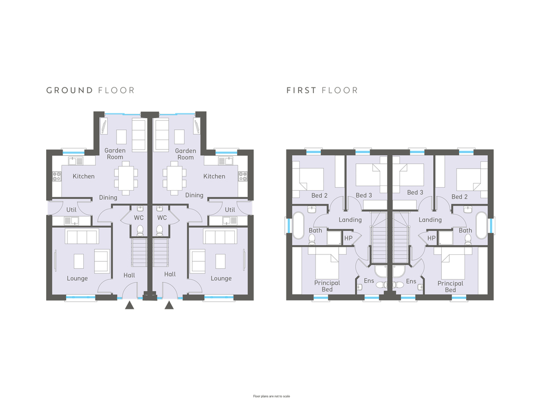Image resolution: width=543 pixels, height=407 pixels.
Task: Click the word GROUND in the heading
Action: coord(69,90)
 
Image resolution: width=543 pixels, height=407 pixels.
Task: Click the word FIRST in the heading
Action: coord(301,90)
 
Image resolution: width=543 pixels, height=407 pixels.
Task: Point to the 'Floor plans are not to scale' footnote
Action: coord(271,396)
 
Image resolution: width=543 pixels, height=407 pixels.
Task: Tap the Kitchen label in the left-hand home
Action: coord(83,176)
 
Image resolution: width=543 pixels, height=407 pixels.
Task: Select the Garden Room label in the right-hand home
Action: coord(186,154)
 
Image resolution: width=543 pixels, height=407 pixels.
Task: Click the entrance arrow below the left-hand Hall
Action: coord(129,305)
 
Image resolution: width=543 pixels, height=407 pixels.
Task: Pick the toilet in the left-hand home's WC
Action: coord(140,230)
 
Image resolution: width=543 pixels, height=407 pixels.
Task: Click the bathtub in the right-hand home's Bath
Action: coord(481,225)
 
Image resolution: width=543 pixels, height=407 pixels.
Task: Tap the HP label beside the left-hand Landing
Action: coord(348,238)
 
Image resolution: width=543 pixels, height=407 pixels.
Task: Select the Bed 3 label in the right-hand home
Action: coord(415,192)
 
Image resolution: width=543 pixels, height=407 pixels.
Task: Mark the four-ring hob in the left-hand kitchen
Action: coord(57,176)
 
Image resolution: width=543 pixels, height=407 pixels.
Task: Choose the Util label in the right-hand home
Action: coord(230,210)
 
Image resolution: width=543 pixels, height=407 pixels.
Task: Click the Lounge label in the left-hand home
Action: coord(77,278)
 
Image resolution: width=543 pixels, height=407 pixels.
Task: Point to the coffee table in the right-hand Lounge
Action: coord(221,261)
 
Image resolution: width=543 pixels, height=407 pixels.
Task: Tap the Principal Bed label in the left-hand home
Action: coord(327,286)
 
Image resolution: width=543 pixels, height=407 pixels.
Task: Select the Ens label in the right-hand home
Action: coord(411,281)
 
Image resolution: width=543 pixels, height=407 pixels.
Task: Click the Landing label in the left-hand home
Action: coord(350,220)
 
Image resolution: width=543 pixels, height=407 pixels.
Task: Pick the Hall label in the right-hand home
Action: coord(170,274)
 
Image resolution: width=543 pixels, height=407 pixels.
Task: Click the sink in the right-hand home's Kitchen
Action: coord(225,161)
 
